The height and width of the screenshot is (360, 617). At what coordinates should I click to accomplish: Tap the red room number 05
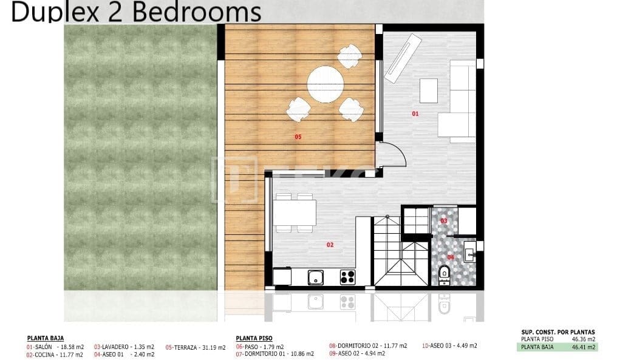[x=298, y=137]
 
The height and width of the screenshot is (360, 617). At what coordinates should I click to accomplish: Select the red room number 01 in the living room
[x=415, y=114]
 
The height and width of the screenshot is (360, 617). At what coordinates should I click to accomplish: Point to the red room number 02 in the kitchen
[x=330, y=245]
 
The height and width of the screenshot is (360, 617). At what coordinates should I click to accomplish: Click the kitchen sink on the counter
[x=315, y=277]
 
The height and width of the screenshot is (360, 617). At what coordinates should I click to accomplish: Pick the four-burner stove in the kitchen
[x=347, y=277]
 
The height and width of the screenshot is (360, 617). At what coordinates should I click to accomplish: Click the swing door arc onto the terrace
[x=392, y=154]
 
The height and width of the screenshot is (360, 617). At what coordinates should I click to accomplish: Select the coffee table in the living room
[x=429, y=91]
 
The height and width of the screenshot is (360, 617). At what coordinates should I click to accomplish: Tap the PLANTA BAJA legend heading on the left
[x=46, y=339]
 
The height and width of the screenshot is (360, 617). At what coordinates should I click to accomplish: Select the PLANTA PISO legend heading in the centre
[x=254, y=339]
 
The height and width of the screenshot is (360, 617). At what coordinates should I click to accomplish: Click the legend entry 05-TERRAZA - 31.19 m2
[x=195, y=347]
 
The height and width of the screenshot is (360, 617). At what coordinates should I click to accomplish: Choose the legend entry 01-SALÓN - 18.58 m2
[x=55, y=347]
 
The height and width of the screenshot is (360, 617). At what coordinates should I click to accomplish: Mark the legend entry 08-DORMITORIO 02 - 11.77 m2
[x=368, y=345]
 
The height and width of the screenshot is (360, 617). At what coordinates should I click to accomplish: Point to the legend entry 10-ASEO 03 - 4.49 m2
[x=449, y=345]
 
